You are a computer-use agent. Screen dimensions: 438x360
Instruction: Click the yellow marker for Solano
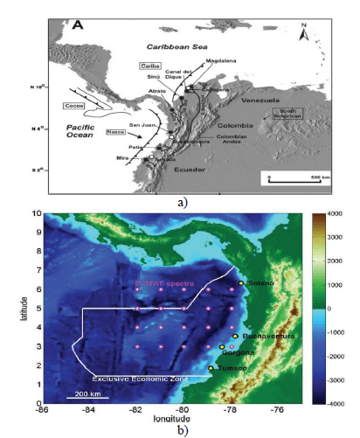(241, 283)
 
